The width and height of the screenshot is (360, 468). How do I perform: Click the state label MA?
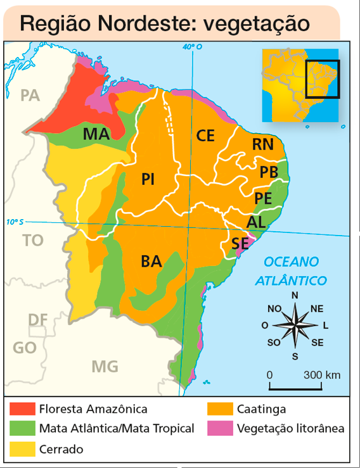click(x=96, y=134)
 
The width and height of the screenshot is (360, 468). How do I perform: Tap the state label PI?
click(x=148, y=180)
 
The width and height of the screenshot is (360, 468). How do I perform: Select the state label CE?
click(x=205, y=135)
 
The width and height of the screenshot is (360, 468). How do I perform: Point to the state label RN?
click(x=262, y=144)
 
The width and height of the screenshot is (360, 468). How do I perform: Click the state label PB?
click(x=269, y=172)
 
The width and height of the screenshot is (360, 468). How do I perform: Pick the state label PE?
click(x=263, y=198)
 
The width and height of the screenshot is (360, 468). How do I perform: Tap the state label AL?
click(x=256, y=222)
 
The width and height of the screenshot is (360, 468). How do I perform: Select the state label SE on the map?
click(x=240, y=243)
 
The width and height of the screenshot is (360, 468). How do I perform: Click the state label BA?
click(x=151, y=261)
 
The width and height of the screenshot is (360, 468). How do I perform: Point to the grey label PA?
click(x=30, y=96)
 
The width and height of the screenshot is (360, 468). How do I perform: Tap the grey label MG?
click(x=105, y=366)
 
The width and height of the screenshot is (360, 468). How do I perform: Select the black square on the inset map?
click(x=323, y=79)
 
